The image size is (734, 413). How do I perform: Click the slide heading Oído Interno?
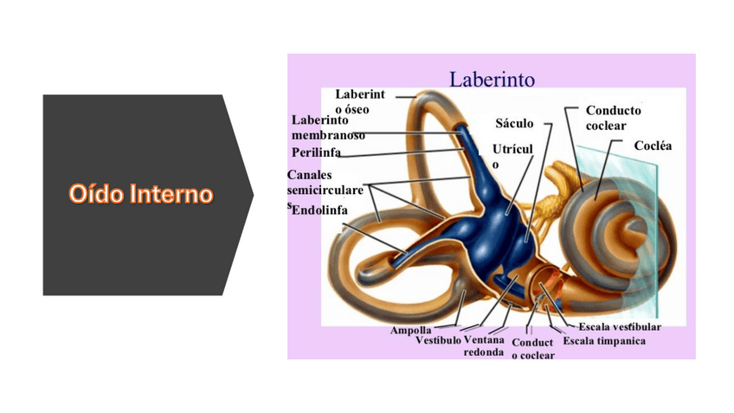pos(141,193)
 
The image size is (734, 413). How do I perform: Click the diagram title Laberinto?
pos(492,79)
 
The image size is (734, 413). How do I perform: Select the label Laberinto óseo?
pos(359,100)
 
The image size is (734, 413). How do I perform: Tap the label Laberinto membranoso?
pos(327,127)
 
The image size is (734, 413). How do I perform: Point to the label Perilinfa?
pos(316,152)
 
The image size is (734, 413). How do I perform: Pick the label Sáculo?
pos(514,124)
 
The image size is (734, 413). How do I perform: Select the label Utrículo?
pos(512,156)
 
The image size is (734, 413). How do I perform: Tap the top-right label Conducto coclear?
pos(613,118)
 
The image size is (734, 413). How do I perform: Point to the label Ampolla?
pos(410,331)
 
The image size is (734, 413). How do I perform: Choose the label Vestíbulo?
pos(438,341)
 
